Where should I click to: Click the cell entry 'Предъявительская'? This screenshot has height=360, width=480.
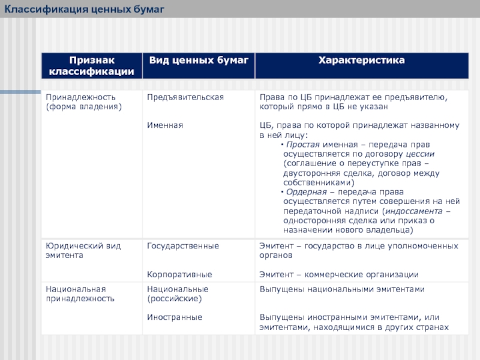pos(185,97)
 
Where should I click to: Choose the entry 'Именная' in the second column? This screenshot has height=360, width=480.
pos(165,125)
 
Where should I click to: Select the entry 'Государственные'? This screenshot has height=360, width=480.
pos(183,246)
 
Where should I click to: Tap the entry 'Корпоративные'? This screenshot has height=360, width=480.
pos(179,274)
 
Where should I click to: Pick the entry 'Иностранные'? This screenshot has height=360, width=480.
pos(175,317)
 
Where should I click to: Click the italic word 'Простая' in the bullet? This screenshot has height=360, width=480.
pos(302,145)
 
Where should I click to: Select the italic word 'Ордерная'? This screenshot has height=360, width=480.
pos(305,192)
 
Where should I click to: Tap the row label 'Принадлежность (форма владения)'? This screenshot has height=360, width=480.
pos(83,101)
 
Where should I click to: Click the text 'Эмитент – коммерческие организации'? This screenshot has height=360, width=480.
pos(338,274)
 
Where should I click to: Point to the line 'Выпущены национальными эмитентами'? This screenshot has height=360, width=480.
pos(341,289)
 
